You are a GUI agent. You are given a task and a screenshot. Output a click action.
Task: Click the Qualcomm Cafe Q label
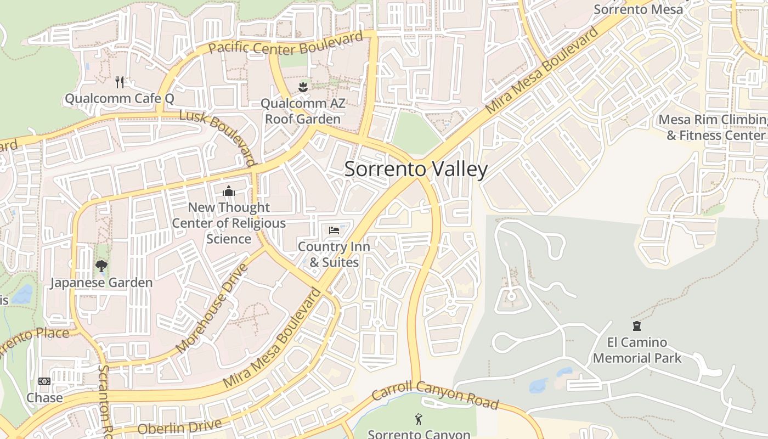(119, 99)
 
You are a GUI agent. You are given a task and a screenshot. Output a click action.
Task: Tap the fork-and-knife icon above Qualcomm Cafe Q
(120, 82)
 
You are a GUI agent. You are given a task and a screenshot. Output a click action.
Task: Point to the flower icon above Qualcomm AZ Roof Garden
(302, 87)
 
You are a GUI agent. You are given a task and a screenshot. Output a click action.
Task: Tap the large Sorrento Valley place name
(416, 169)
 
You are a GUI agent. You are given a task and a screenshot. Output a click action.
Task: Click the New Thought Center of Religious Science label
(229, 223)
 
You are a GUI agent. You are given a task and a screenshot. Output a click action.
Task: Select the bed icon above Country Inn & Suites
(334, 230)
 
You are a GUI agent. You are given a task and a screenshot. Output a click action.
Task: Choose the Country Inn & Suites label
(334, 255)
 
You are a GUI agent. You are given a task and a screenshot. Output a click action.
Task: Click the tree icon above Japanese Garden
(101, 266)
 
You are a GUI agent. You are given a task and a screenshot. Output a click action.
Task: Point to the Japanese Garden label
(101, 283)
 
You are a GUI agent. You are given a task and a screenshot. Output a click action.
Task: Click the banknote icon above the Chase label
(44, 381)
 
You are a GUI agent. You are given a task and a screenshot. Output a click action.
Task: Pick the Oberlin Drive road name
(180, 426)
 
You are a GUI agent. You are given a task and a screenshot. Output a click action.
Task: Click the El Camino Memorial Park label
(637, 350)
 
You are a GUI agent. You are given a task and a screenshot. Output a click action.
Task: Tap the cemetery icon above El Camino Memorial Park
(637, 327)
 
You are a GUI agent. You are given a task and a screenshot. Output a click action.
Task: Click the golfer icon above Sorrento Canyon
(419, 420)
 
